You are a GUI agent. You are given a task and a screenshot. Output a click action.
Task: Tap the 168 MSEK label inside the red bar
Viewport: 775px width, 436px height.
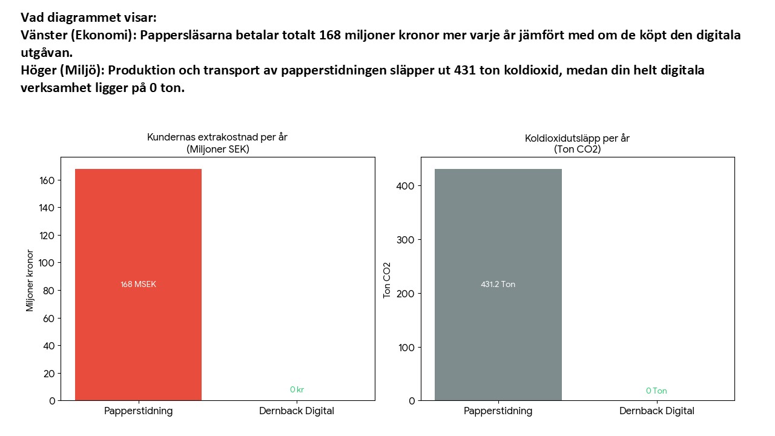138,285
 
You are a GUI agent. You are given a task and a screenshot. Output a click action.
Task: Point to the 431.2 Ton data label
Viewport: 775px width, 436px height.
498,285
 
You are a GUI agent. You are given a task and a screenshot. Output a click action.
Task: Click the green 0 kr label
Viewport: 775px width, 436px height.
297,390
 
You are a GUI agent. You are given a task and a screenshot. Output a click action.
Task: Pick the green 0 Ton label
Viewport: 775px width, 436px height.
656,391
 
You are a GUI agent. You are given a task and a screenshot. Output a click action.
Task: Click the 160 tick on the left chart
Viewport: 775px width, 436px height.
48,180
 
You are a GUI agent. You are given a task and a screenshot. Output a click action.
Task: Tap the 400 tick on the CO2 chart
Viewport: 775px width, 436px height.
406,186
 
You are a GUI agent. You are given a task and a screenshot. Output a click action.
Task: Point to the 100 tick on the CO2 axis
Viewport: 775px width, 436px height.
406,348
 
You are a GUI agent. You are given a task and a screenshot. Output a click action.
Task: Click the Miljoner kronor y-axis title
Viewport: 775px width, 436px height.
30,280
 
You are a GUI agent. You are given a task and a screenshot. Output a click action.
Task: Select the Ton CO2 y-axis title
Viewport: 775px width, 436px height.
387,280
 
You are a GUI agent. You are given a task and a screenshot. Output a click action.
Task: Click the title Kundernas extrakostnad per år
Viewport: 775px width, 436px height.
217,137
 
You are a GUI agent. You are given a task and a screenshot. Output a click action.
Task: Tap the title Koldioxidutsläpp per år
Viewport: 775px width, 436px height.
577,139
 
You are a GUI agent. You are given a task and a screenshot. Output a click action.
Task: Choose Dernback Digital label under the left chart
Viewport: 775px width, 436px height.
297,411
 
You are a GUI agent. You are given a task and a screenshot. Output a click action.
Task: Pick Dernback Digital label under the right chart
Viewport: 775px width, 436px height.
656,411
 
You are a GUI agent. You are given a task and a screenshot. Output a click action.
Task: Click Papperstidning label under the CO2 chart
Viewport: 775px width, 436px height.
498,411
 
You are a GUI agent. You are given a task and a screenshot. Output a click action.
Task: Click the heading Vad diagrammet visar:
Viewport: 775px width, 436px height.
88,18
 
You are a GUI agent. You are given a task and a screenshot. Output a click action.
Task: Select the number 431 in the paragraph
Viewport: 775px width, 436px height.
466,71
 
